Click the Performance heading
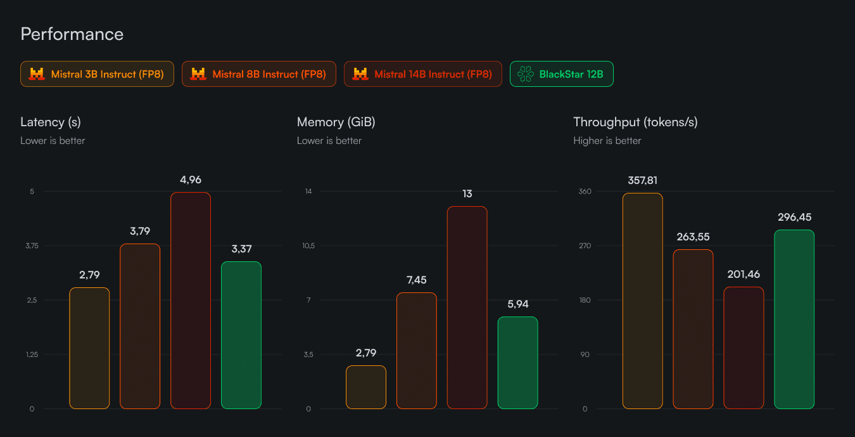(72, 34)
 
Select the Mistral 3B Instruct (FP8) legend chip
(97, 74)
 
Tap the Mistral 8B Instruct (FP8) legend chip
(258, 74)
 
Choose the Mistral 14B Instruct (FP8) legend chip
(422, 74)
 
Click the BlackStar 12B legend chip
(561, 74)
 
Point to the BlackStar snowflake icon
(526, 74)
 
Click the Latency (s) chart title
(51, 122)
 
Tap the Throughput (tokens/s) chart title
(635, 122)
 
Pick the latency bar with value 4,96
(191, 301)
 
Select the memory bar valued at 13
(467, 308)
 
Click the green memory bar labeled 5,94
(517, 363)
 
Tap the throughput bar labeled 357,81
(642, 301)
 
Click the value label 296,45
(794, 218)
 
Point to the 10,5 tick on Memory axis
(308, 245)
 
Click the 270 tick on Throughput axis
(585, 245)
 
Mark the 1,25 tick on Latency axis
(32, 355)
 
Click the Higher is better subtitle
(607, 141)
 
